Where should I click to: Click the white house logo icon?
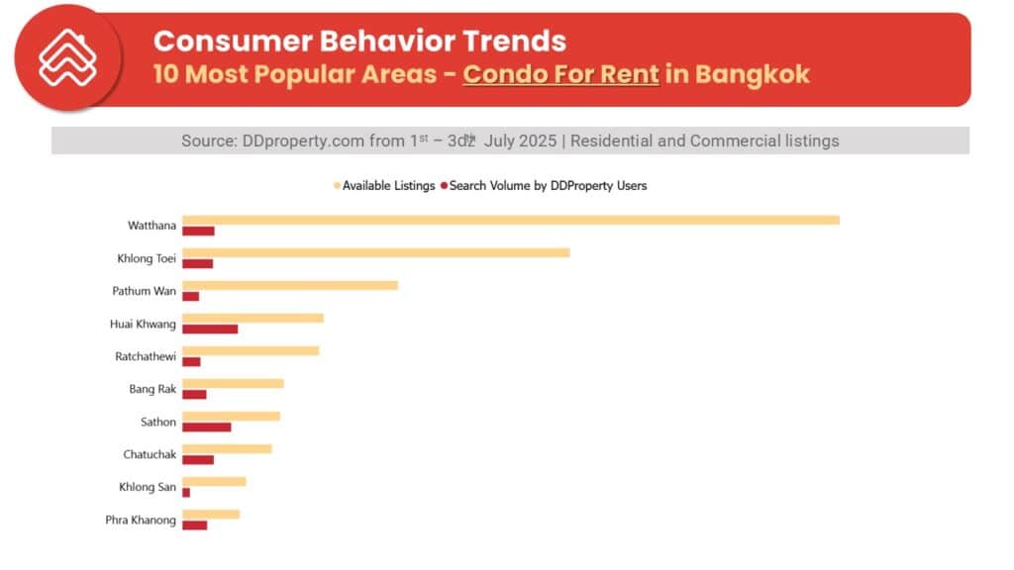[x=67, y=57]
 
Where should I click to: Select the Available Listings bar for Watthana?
[x=510, y=220]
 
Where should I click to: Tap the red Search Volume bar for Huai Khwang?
[x=210, y=329]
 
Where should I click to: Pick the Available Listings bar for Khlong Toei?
[x=375, y=252]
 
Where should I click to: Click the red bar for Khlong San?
[x=186, y=492]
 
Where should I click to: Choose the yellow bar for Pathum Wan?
[x=289, y=285]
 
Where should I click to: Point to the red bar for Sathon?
[x=206, y=427]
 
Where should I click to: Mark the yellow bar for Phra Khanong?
[x=210, y=514]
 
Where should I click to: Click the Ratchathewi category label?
[x=146, y=356]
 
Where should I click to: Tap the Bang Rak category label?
[x=152, y=389]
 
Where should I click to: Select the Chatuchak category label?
[x=150, y=454]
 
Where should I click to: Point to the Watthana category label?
[x=152, y=226]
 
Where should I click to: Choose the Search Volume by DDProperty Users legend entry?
[x=544, y=185]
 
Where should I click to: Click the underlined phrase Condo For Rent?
[x=560, y=74]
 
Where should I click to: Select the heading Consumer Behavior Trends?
[x=359, y=41]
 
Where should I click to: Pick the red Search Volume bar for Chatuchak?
[x=198, y=459]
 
